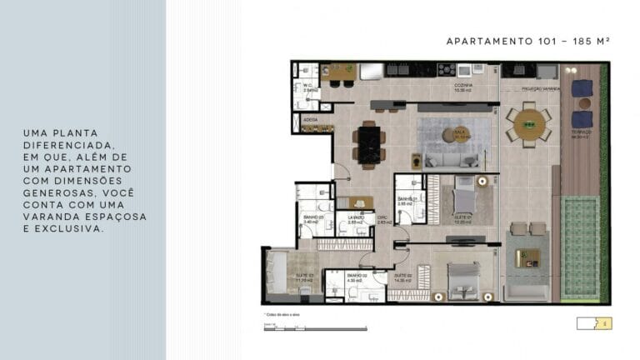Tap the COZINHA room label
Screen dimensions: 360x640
464,87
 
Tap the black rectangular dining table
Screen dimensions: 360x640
367,143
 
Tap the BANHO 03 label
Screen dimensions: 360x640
312,218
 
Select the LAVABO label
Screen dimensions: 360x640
354,218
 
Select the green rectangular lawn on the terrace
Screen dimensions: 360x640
580,247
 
